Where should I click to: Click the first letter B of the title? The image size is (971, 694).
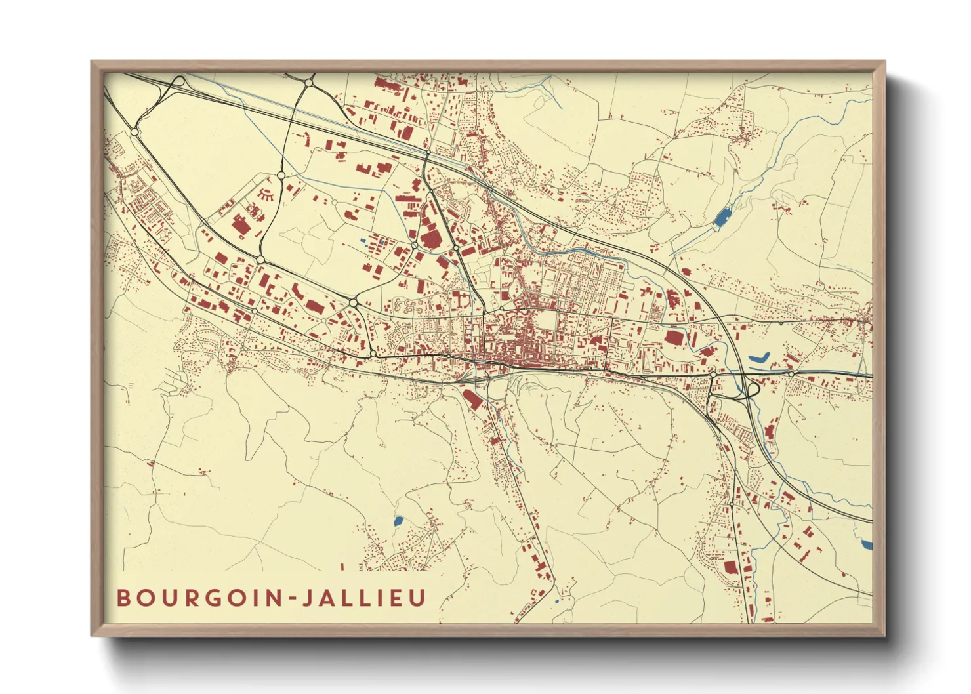coord(123,598)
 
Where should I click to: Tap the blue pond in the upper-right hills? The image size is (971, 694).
coord(722,216)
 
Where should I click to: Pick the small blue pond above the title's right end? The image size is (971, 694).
coord(398,521)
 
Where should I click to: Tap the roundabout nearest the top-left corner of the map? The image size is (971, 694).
coord(135,132)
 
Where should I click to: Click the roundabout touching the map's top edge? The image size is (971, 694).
coord(309,82)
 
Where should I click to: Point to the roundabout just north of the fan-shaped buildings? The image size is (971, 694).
coord(281,175)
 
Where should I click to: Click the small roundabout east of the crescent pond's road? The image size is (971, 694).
coord(792,374)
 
